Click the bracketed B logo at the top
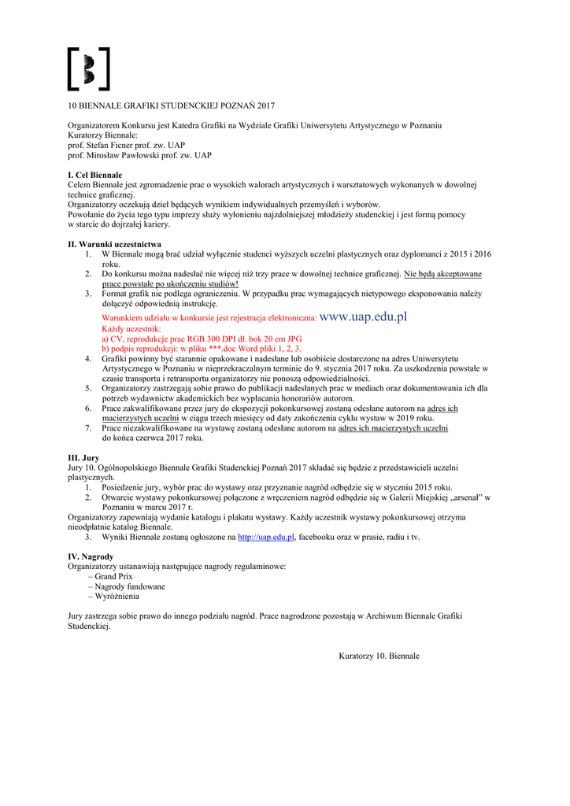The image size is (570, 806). coord(88,68)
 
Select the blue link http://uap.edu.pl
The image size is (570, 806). coord(266,537)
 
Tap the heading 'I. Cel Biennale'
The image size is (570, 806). coord(94,175)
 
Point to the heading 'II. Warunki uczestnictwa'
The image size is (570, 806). coord(114,244)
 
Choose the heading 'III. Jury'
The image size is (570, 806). coord(83,457)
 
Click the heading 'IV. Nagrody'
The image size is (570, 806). coord(91,556)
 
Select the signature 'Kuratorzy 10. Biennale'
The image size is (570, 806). coord(379,656)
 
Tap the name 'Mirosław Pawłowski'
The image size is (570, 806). coord(124,156)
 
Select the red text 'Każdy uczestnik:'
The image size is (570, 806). coord(131,328)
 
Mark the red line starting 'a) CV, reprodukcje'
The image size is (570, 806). coord(202,338)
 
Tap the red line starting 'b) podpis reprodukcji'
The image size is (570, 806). coord(202,348)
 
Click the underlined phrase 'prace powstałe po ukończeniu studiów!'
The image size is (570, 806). coord(170,283)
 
